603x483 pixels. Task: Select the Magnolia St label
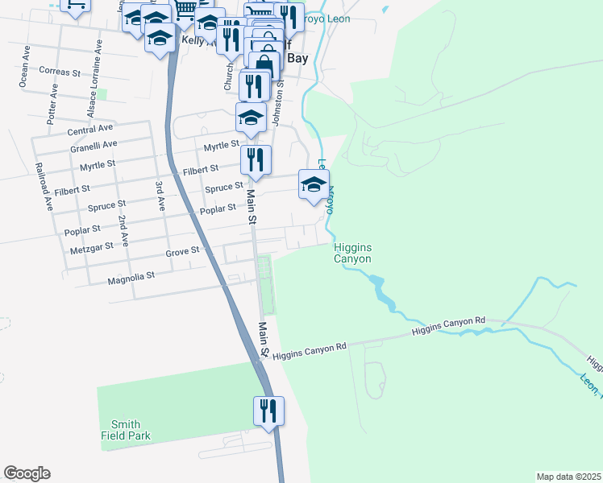click(131, 277)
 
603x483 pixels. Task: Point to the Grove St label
click(182, 252)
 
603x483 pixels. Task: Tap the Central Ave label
click(90, 130)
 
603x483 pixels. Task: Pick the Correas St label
click(60, 72)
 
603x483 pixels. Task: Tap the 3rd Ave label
click(160, 196)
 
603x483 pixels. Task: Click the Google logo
click(27, 473)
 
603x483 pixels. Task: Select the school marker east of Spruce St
click(314, 184)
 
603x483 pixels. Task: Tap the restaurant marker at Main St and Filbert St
click(256, 160)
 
